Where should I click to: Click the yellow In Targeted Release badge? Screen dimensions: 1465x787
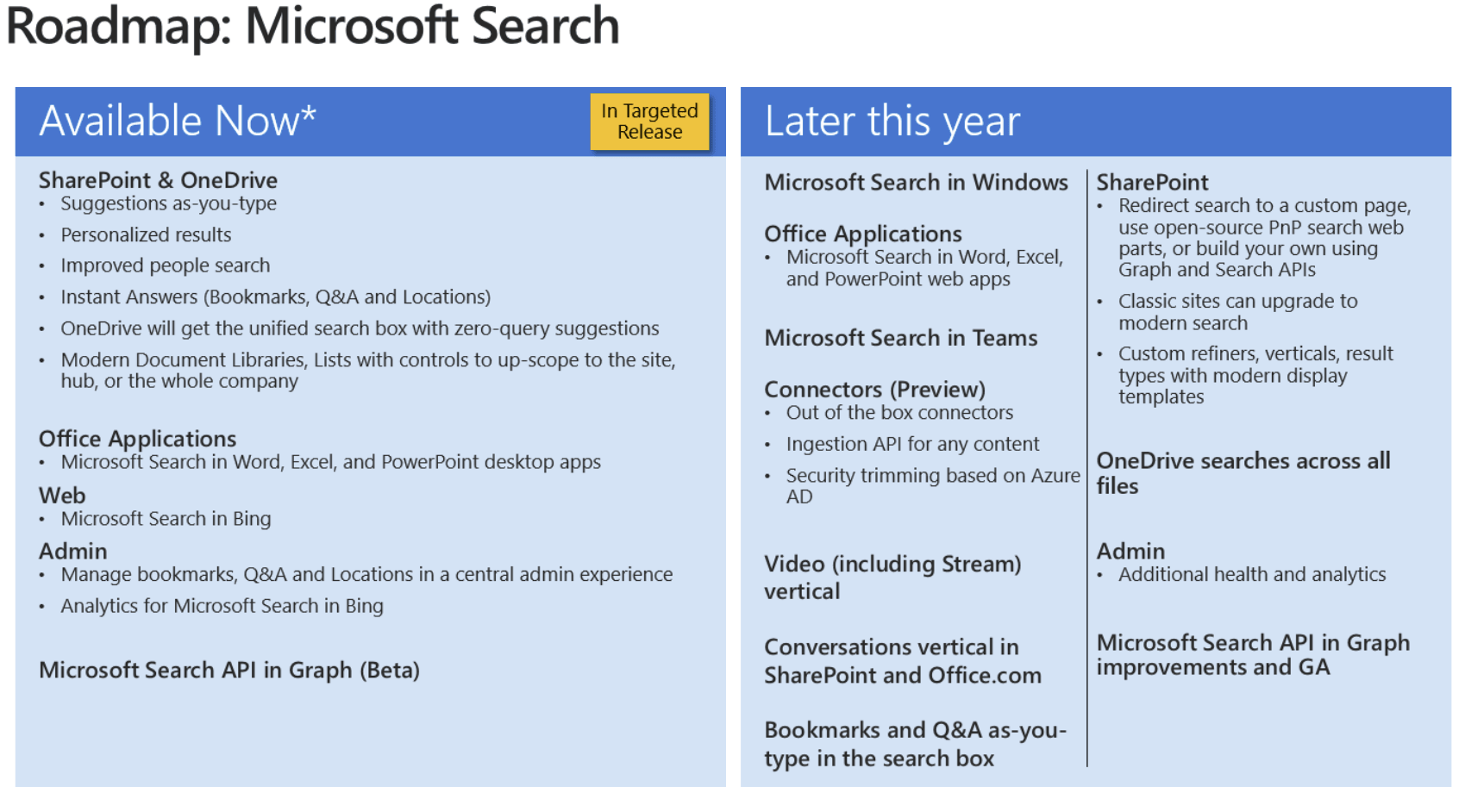click(x=649, y=122)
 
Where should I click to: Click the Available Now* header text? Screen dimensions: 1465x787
click(x=178, y=121)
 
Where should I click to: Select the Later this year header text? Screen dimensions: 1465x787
click(x=892, y=122)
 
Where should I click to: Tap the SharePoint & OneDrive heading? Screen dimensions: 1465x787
click(x=158, y=180)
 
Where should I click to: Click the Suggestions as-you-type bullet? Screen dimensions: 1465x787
click(x=168, y=203)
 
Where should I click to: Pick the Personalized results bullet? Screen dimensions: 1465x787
click(x=146, y=234)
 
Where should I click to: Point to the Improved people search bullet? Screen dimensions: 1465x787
click(x=165, y=265)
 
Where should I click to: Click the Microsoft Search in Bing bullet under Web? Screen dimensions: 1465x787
click(x=166, y=518)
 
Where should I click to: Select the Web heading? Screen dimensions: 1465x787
click(x=62, y=495)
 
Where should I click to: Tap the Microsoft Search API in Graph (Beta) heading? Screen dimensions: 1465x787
click(x=229, y=670)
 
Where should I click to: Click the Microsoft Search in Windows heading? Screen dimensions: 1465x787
click(x=916, y=182)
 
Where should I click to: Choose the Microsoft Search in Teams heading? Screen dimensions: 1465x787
click(x=900, y=337)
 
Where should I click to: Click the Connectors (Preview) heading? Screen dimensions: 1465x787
click(x=874, y=390)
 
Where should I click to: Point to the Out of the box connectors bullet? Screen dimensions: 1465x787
click(x=899, y=412)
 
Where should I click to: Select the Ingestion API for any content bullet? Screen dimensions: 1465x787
click(x=912, y=444)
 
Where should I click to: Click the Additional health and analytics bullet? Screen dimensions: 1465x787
click(x=1252, y=574)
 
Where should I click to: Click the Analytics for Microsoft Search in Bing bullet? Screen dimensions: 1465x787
click(x=222, y=606)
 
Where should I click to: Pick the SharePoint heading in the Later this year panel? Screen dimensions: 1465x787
click(x=1152, y=182)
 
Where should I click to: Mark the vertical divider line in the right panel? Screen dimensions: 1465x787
click(x=1087, y=468)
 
